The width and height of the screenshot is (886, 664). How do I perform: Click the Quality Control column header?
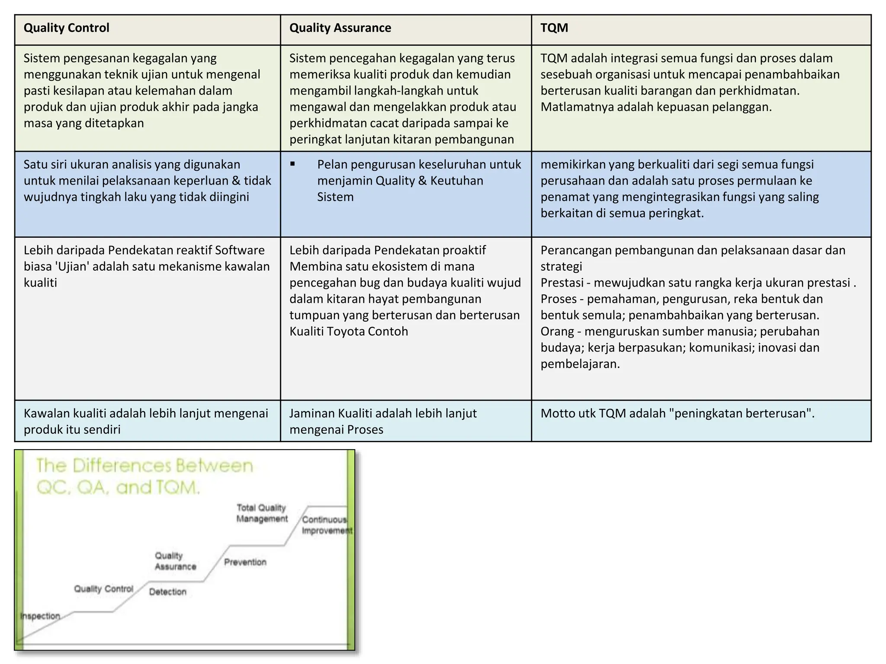tap(66, 28)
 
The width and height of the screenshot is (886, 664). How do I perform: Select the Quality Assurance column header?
tap(340, 28)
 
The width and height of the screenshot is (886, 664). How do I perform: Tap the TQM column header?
tap(554, 28)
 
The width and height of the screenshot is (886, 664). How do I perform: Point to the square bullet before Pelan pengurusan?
tap(293, 164)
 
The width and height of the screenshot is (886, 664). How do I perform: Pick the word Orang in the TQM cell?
tap(557, 332)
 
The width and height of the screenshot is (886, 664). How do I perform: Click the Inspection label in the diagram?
tap(40, 616)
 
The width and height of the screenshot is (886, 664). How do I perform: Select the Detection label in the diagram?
tap(168, 592)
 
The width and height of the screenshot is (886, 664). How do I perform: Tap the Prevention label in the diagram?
tap(245, 562)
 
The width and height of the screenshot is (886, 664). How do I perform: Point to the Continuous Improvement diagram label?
tap(326, 525)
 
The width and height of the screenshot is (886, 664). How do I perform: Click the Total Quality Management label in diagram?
tap(262, 513)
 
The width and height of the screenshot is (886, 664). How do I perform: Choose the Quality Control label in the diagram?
tap(104, 589)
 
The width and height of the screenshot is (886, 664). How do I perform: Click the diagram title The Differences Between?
tap(144, 466)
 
